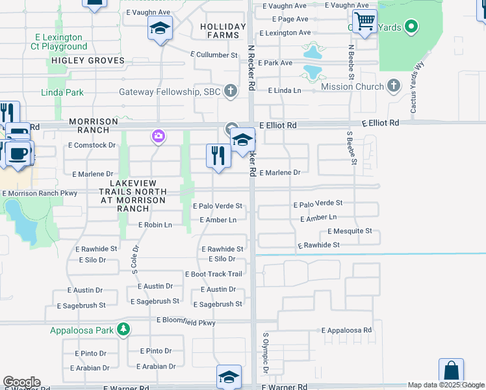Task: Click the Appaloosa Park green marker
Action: pos(123,330)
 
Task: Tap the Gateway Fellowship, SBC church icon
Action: pos(231,92)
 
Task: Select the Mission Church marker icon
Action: pos(393,86)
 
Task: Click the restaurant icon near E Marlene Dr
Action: pos(218,155)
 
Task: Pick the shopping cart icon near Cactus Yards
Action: pos(365,21)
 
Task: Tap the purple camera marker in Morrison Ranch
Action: pos(158,136)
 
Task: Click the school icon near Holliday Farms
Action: pos(159,28)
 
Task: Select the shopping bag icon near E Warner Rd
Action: pos(451,371)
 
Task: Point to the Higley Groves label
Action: pos(86,60)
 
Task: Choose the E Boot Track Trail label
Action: pos(214,274)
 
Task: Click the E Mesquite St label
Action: pos(350,231)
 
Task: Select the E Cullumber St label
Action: pos(214,55)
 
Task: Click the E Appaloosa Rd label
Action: pos(347,330)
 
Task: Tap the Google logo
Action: pos(21,382)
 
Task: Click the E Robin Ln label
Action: pos(154,225)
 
